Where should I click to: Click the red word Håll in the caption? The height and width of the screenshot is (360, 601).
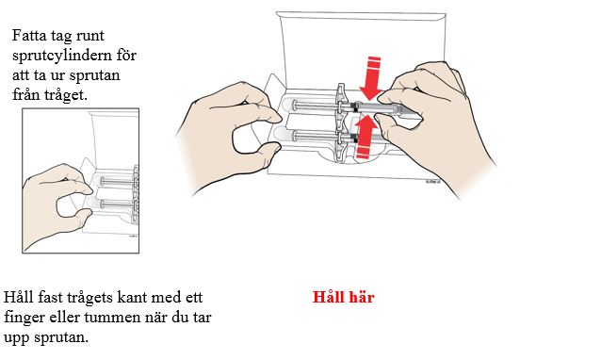tap(327, 297)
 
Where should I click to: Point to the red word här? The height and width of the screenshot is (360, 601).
tap(360, 297)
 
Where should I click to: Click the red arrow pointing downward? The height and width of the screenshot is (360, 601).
tap(371, 78)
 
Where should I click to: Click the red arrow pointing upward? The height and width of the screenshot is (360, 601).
tap(365, 137)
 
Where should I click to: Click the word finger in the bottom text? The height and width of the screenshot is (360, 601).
tap(24, 319)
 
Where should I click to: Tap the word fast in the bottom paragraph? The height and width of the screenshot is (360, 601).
tap(52, 298)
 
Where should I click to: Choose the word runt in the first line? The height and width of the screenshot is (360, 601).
tap(89, 36)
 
